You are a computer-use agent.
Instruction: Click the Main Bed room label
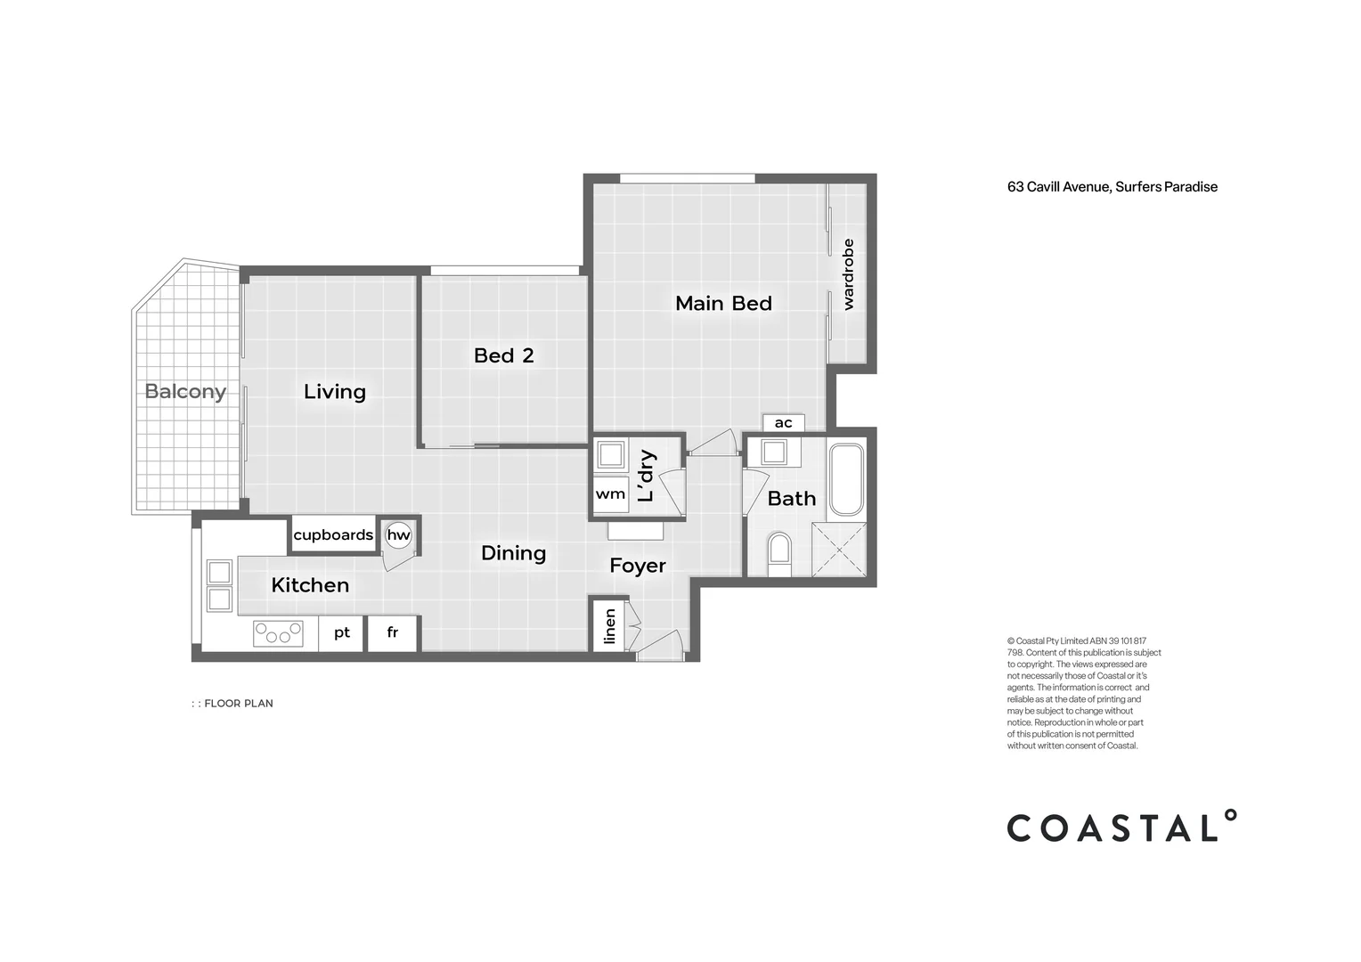[x=723, y=304]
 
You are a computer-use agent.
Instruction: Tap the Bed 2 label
[x=503, y=355]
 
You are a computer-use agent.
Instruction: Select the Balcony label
[x=185, y=391]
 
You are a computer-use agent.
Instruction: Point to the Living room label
[x=335, y=392]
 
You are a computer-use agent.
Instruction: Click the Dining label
[x=513, y=553]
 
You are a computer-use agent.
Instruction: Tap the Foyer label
[x=638, y=566]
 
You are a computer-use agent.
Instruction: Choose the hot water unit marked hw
[x=398, y=535]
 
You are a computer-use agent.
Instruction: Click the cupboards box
[x=333, y=534]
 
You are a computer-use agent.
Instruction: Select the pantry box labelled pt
[x=341, y=633]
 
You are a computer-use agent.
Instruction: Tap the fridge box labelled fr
[x=393, y=633]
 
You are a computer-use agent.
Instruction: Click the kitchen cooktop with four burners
[x=278, y=633]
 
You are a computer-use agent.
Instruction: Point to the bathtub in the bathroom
[x=845, y=480]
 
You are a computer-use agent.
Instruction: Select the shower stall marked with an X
[x=838, y=550]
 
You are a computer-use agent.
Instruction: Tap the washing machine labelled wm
[x=610, y=494]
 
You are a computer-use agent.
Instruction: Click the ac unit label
[x=783, y=423]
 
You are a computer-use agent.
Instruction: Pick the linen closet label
[x=609, y=626]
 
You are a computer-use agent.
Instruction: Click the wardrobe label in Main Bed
[x=848, y=273]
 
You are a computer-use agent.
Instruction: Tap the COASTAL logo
[x=1121, y=827]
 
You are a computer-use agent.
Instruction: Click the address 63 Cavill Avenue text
[x=1112, y=187]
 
